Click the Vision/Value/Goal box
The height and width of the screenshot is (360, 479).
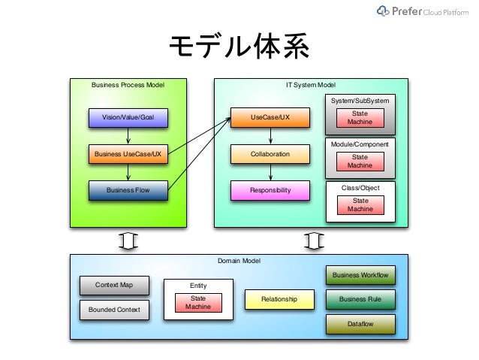click(128, 118)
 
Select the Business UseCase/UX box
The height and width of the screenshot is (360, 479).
click(128, 154)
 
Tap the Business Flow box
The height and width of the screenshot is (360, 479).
click(128, 190)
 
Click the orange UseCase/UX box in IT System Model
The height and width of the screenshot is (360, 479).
click(270, 117)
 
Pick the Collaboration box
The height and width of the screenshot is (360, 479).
click(270, 154)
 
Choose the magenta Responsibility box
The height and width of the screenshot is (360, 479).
click(270, 190)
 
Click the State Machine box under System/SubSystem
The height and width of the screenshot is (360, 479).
click(360, 118)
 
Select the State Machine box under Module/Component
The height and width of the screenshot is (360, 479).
click(360, 162)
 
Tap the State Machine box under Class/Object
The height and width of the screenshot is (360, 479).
click(360, 205)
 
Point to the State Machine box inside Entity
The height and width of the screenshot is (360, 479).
click(198, 303)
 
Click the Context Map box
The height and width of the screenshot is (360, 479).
click(114, 286)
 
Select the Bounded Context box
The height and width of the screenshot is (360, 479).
click(114, 310)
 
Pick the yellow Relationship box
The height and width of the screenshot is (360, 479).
click(279, 299)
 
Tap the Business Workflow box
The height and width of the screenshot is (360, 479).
click(360, 275)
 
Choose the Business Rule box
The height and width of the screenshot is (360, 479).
click(360, 299)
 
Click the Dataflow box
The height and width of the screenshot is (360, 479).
click(360, 324)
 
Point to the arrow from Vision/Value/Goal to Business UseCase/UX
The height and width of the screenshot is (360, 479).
click(128, 136)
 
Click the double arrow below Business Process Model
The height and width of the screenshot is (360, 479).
click(128, 241)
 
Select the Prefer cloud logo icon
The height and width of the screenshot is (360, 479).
click(383, 11)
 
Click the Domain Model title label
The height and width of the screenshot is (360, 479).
click(239, 261)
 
